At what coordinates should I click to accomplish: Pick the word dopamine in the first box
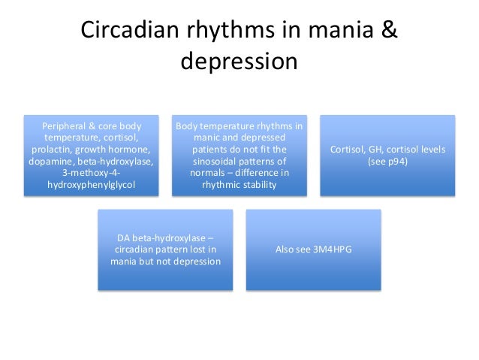point(50,161)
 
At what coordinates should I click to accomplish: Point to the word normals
point(210,172)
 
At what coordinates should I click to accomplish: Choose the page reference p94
point(395,161)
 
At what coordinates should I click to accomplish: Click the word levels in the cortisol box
point(430,149)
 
